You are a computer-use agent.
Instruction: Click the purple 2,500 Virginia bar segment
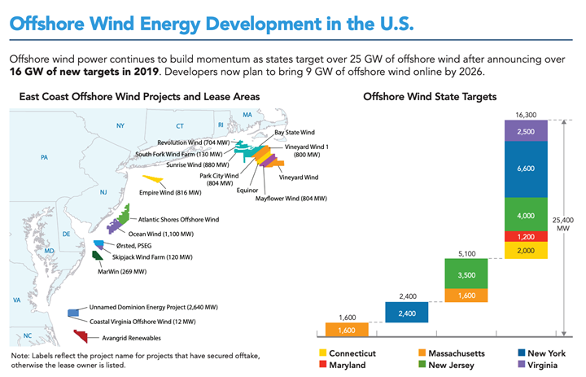[x=526, y=132]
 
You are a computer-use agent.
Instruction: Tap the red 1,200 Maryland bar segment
[x=526, y=235]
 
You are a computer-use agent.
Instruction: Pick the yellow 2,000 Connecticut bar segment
[x=526, y=251]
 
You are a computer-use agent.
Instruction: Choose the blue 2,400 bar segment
[x=407, y=313]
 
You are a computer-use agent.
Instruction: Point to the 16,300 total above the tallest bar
[x=526, y=115]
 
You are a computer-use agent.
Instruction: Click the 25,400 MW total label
[x=570, y=224]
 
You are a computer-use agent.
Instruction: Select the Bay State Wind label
[x=295, y=131]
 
